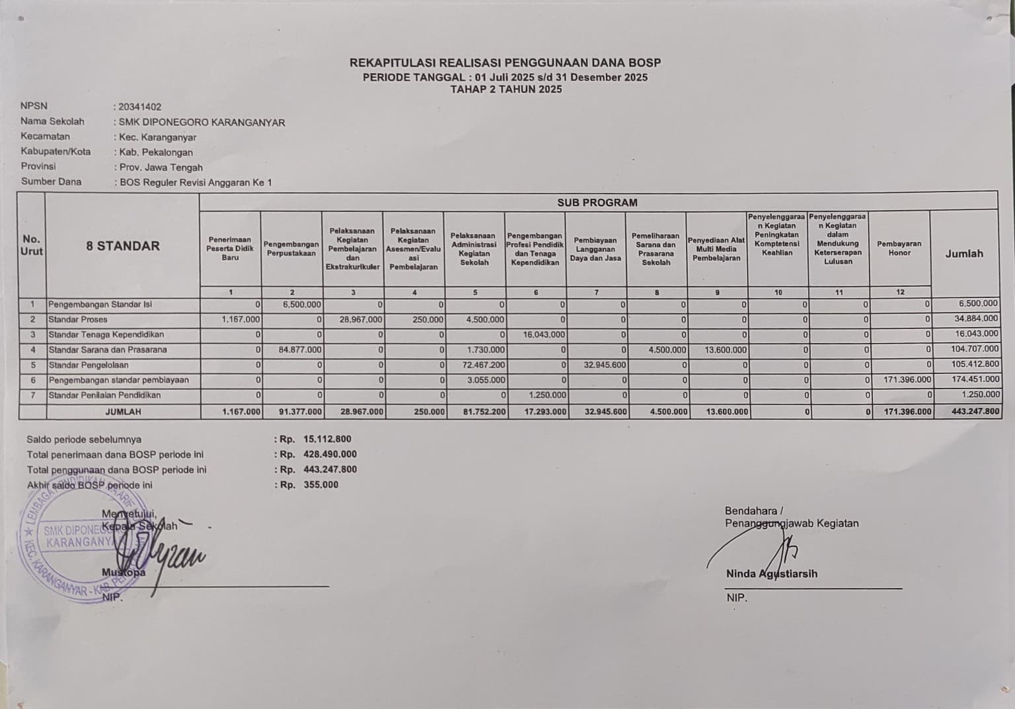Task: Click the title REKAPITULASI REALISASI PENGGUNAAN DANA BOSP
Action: (x=505, y=63)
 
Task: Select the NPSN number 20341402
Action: (x=140, y=106)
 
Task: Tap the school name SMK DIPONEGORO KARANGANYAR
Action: (x=202, y=122)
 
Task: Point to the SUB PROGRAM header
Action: (x=597, y=203)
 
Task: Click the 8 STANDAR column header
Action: (x=123, y=246)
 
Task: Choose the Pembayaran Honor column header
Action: (x=899, y=248)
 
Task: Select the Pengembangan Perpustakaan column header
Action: (x=291, y=248)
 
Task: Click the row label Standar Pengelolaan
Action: (x=89, y=365)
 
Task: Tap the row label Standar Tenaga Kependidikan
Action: (x=106, y=334)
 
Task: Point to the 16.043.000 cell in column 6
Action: (x=544, y=334)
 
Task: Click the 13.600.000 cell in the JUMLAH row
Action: (x=726, y=411)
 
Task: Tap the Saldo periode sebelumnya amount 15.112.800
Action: (x=327, y=439)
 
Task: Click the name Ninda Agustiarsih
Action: (x=771, y=574)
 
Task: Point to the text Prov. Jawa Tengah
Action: (x=161, y=167)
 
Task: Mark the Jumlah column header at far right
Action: (x=963, y=254)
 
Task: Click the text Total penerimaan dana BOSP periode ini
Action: (x=115, y=455)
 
